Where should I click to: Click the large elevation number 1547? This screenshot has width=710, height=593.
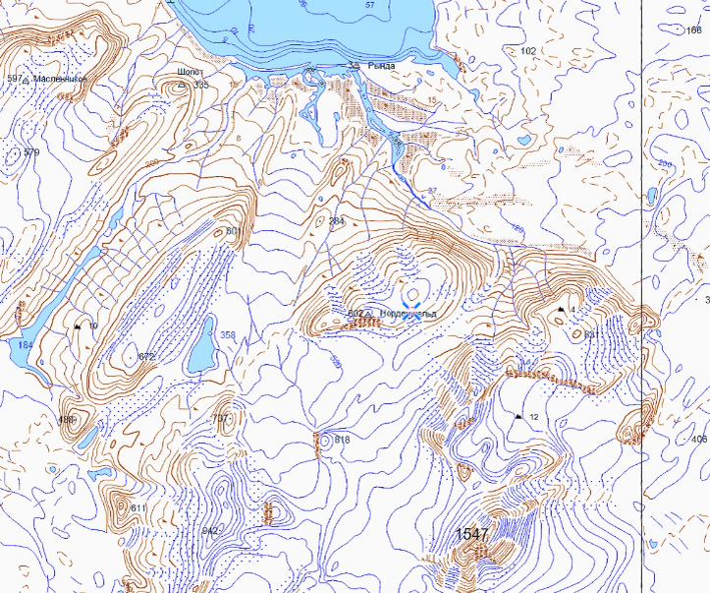[x=472, y=534]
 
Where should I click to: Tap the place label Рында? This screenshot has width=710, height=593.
[x=381, y=65]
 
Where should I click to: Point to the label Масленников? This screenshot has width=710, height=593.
[x=61, y=78]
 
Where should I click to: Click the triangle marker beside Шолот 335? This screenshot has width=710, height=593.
[x=181, y=86]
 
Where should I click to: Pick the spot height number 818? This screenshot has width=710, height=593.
[x=342, y=439]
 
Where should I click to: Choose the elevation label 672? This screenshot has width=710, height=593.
[x=147, y=356]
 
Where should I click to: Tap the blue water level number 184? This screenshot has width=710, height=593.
[x=25, y=345]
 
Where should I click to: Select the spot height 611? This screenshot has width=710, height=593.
[x=137, y=507]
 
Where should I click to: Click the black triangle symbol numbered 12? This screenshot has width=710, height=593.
[x=518, y=417]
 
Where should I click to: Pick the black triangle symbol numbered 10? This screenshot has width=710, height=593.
[x=77, y=326]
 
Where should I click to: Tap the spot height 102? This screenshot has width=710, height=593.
[x=529, y=50]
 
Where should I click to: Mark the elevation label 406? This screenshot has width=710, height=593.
[x=699, y=439]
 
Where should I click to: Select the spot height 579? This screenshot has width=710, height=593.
[x=31, y=152]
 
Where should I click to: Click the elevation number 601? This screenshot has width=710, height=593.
[x=234, y=231]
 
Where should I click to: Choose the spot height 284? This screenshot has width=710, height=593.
[x=337, y=220]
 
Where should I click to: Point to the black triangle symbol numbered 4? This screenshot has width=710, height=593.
[x=560, y=310]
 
